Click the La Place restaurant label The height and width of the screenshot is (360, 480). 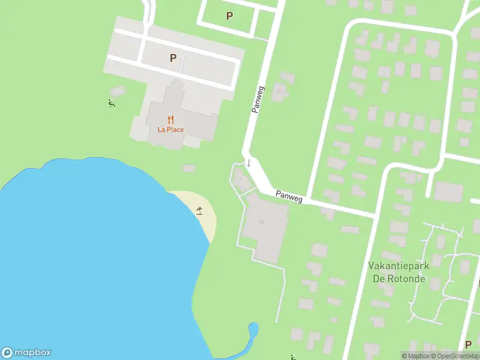[170, 129]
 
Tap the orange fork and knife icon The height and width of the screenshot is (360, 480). [170, 119]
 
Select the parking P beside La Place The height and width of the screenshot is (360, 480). [173, 58]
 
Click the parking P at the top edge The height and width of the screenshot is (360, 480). [229, 16]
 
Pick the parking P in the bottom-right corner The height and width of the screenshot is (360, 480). [469, 344]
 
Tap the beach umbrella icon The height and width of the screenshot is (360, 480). [199, 210]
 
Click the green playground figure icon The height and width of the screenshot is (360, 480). [112, 104]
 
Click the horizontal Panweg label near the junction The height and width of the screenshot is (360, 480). [289, 196]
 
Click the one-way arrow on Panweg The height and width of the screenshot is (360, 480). [248, 163]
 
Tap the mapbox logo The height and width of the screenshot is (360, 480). [26, 353]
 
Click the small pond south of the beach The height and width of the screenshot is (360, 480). [253, 329]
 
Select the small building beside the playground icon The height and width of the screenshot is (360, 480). [118, 91]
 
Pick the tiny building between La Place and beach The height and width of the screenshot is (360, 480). [188, 168]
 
